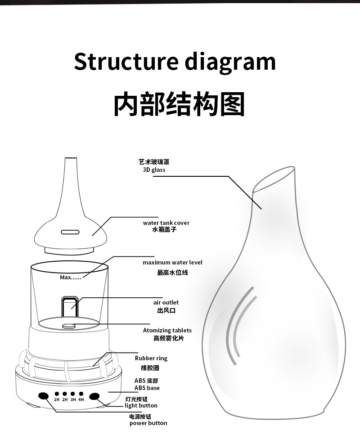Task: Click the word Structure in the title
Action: pyautogui.click(x=126, y=61)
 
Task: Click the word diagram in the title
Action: pyautogui.click(x=230, y=63)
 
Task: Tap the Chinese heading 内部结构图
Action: pyautogui.click(x=179, y=104)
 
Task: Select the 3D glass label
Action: pyautogui.click(x=154, y=170)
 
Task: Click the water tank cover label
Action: pyautogui.click(x=166, y=223)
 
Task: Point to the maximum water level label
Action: pyautogui.click(x=172, y=262)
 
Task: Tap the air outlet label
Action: pyautogui.click(x=166, y=302)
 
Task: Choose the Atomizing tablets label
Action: pyautogui.click(x=167, y=330)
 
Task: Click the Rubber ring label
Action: pyautogui.click(x=151, y=358)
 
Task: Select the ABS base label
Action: pyautogui.click(x=147, y=388)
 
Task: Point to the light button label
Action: pyautogui.click(x=141, y=405)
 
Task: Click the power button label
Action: pyautogui.click(x=148, y=423)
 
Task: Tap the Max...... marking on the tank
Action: pyautogui.click(x=71, y=277)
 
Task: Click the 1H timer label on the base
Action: pyautogui.click(x=57, y=399)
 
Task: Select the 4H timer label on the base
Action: pyautogui.click(x=81, y=399)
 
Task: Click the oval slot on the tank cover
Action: pyautogui.click(x=70, y=232)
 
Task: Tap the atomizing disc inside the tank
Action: pyautogui.click(x=69, y=326)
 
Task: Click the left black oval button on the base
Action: pyautogui.click(x=44, y=396)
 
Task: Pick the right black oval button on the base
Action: pyautogui.click(x=94, y=396)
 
